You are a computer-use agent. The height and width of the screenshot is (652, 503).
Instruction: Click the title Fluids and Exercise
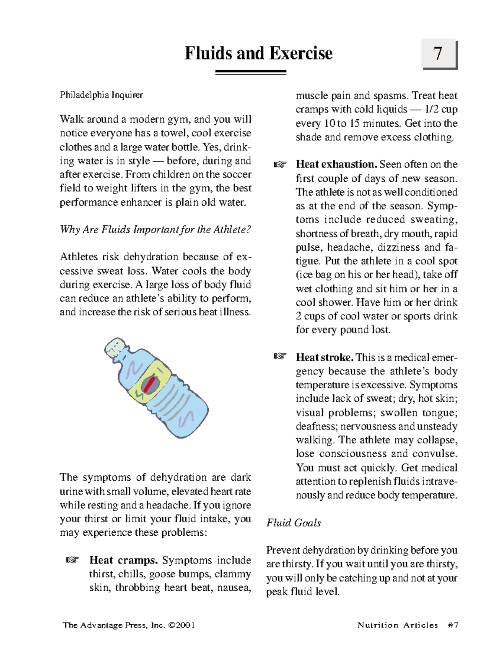(x=259, y=53)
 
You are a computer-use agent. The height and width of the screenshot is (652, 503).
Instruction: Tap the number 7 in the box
(x=438, y=53)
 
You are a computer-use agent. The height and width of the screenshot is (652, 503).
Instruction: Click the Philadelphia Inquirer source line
(x=101, y=95)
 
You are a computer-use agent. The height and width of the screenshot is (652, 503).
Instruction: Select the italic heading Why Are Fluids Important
(x=155, y=230)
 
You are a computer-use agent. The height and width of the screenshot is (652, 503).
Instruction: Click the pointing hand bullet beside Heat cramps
(x=73, y=560)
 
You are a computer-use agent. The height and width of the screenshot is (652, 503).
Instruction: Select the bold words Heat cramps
(x=124, y=560)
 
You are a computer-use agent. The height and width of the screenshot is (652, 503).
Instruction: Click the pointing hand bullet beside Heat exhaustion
(x=280, y=164)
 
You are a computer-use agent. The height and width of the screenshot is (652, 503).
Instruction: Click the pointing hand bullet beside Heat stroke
(x=280, y=356)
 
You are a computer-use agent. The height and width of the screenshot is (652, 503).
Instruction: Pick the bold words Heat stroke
(x=325, y=357)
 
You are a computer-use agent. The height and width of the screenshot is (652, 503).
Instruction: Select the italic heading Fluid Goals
(x=293, y=523)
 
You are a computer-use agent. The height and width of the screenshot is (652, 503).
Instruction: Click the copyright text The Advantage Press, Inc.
(x=129, y=625)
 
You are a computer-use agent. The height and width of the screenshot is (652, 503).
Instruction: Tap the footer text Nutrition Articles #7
(x=408, y=625)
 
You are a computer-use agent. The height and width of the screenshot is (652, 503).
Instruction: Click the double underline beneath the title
(x=251, y=73)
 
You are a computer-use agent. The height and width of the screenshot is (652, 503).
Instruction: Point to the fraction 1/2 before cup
(x=431, y=110)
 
